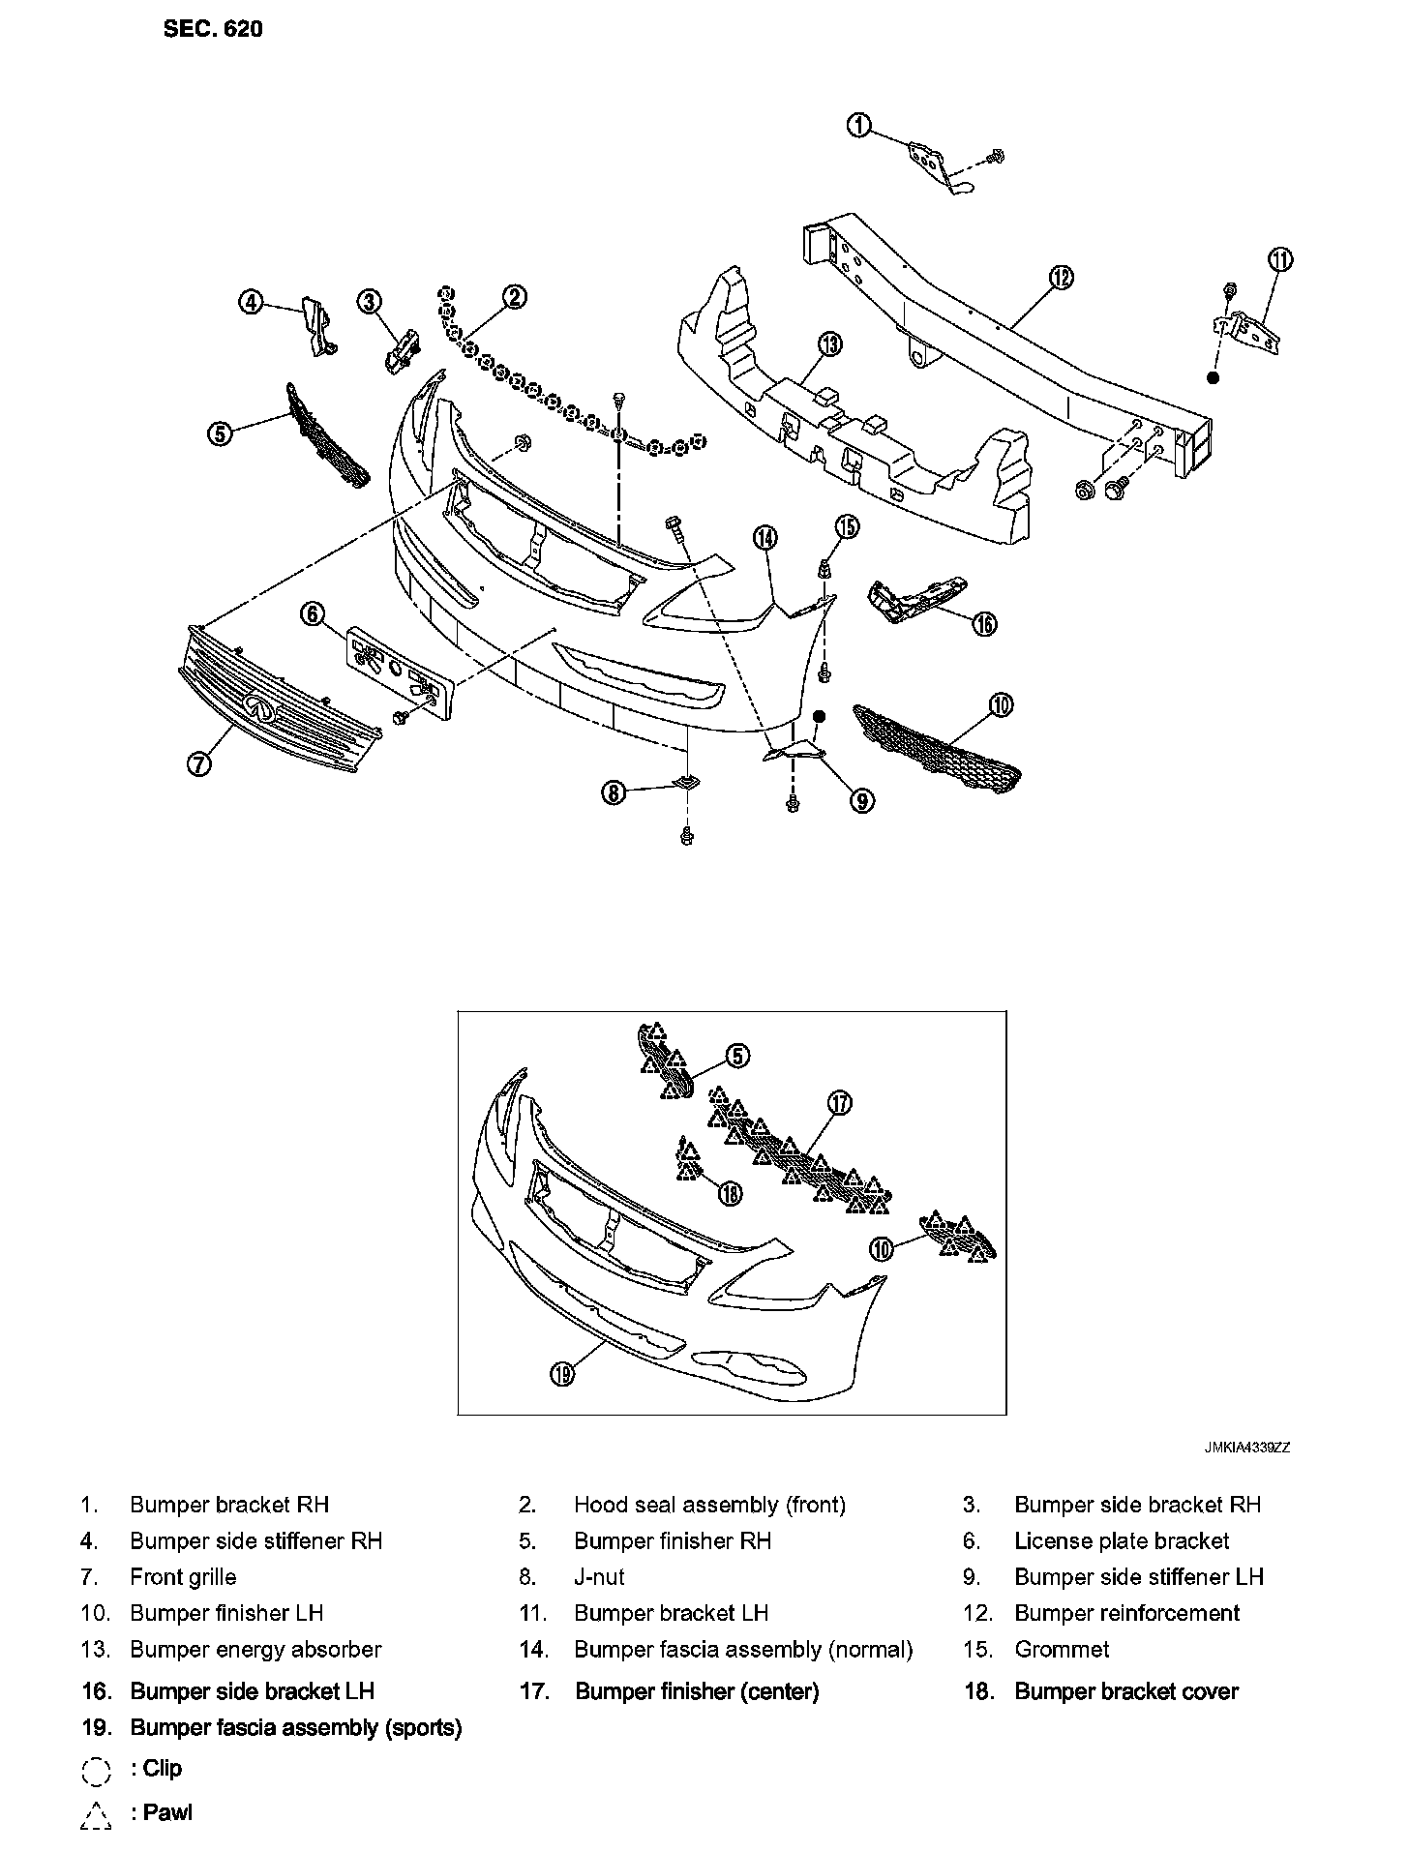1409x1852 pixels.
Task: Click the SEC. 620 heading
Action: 213,29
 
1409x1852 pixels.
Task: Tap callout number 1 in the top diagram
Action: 858,126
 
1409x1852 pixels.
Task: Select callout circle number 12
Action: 1061,278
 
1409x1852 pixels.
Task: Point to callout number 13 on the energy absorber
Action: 829,344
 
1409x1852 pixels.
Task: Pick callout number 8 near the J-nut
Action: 614,793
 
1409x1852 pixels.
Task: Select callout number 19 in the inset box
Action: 563,1373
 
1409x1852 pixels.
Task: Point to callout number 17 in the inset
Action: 839,1102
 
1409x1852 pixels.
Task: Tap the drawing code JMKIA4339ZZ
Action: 1247,1448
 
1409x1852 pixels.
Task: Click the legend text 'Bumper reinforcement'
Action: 1126,1613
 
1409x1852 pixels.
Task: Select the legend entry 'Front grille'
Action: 183,1577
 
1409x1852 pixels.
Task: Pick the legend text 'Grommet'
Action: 1062,1649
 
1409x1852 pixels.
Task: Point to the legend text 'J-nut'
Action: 599,1577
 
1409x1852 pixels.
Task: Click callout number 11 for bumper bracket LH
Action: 1280,259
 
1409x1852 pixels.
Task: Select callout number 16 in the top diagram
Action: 984,624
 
